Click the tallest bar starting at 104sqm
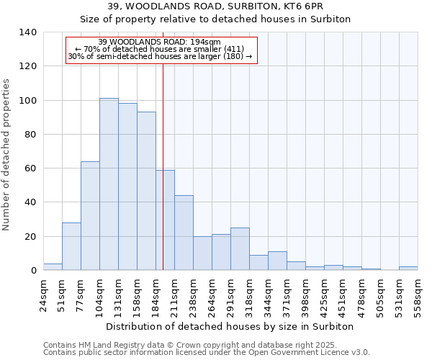(x=109, y=184)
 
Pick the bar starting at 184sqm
(x=165, y=220)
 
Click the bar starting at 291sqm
(x=240, y=249)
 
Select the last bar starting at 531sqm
(x=408, y=269)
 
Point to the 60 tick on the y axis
(x=30, y=168)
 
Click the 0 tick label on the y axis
(x=33, y=271)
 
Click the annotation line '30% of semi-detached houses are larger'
(x=160, y=57)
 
